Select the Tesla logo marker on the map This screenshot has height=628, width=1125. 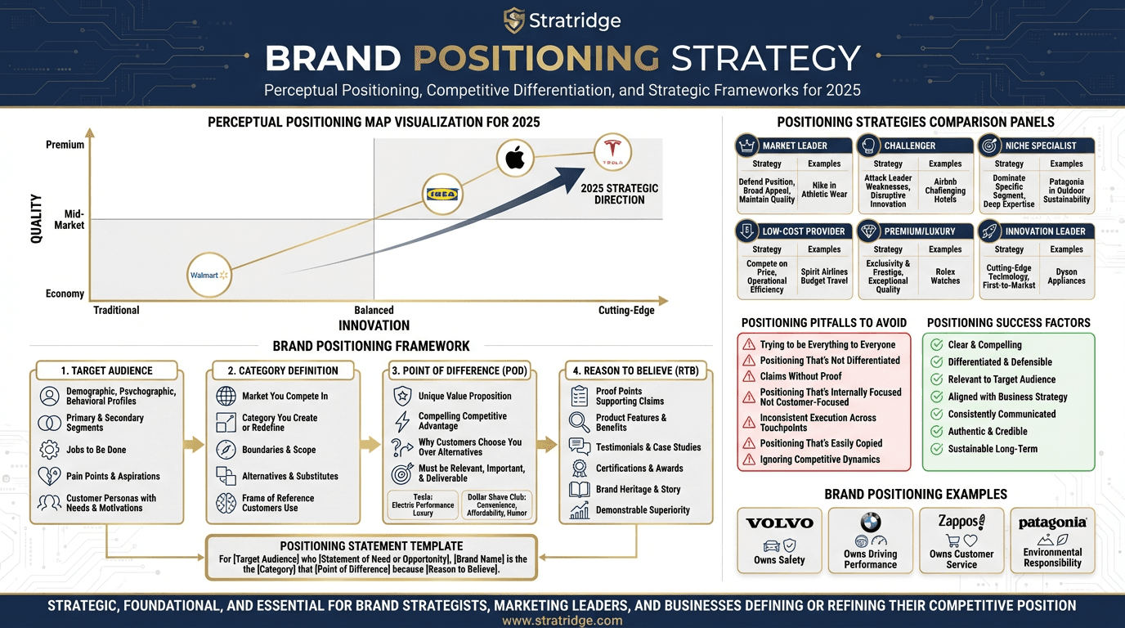pyautogui.click(x=612, y=152)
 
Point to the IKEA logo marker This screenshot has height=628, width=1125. pyautogui.click(x=443, y=195)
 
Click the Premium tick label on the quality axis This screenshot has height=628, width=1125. pyautogui.click(x=65, y=145)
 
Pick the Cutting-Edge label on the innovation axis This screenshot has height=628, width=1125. pyautogui.click(x=626, y=310)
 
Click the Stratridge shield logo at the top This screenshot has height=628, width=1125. pyautogui.click(x=513, y=20)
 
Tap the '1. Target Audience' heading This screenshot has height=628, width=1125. pyautogui.click(x=106, y=370)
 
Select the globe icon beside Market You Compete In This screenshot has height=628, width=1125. pyautogui.click(x=226, y=397)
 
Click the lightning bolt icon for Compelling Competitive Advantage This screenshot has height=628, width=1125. pyautogui.click(x=402, y=421)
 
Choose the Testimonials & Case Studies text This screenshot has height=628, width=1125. pyautogui.click(x=648, y=447)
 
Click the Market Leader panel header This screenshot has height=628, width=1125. pyautogui.click(x=794, y=146)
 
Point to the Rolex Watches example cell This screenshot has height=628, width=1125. pyautogui.click(x=945, y=276)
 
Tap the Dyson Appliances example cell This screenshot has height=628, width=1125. pyautogui.click(x=1066, y=276)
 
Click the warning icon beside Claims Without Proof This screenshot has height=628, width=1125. pyautogui.click(x=748, y=377)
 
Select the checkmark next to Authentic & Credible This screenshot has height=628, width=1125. pyautogui.click(x=937, y=432)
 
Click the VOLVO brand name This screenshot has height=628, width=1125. pyautogui.click(x=779, y=523)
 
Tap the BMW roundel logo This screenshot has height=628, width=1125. pyautogui.click(x=870, y=523)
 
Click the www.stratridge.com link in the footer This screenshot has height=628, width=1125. pyautogui.click(x=562, y=621)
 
